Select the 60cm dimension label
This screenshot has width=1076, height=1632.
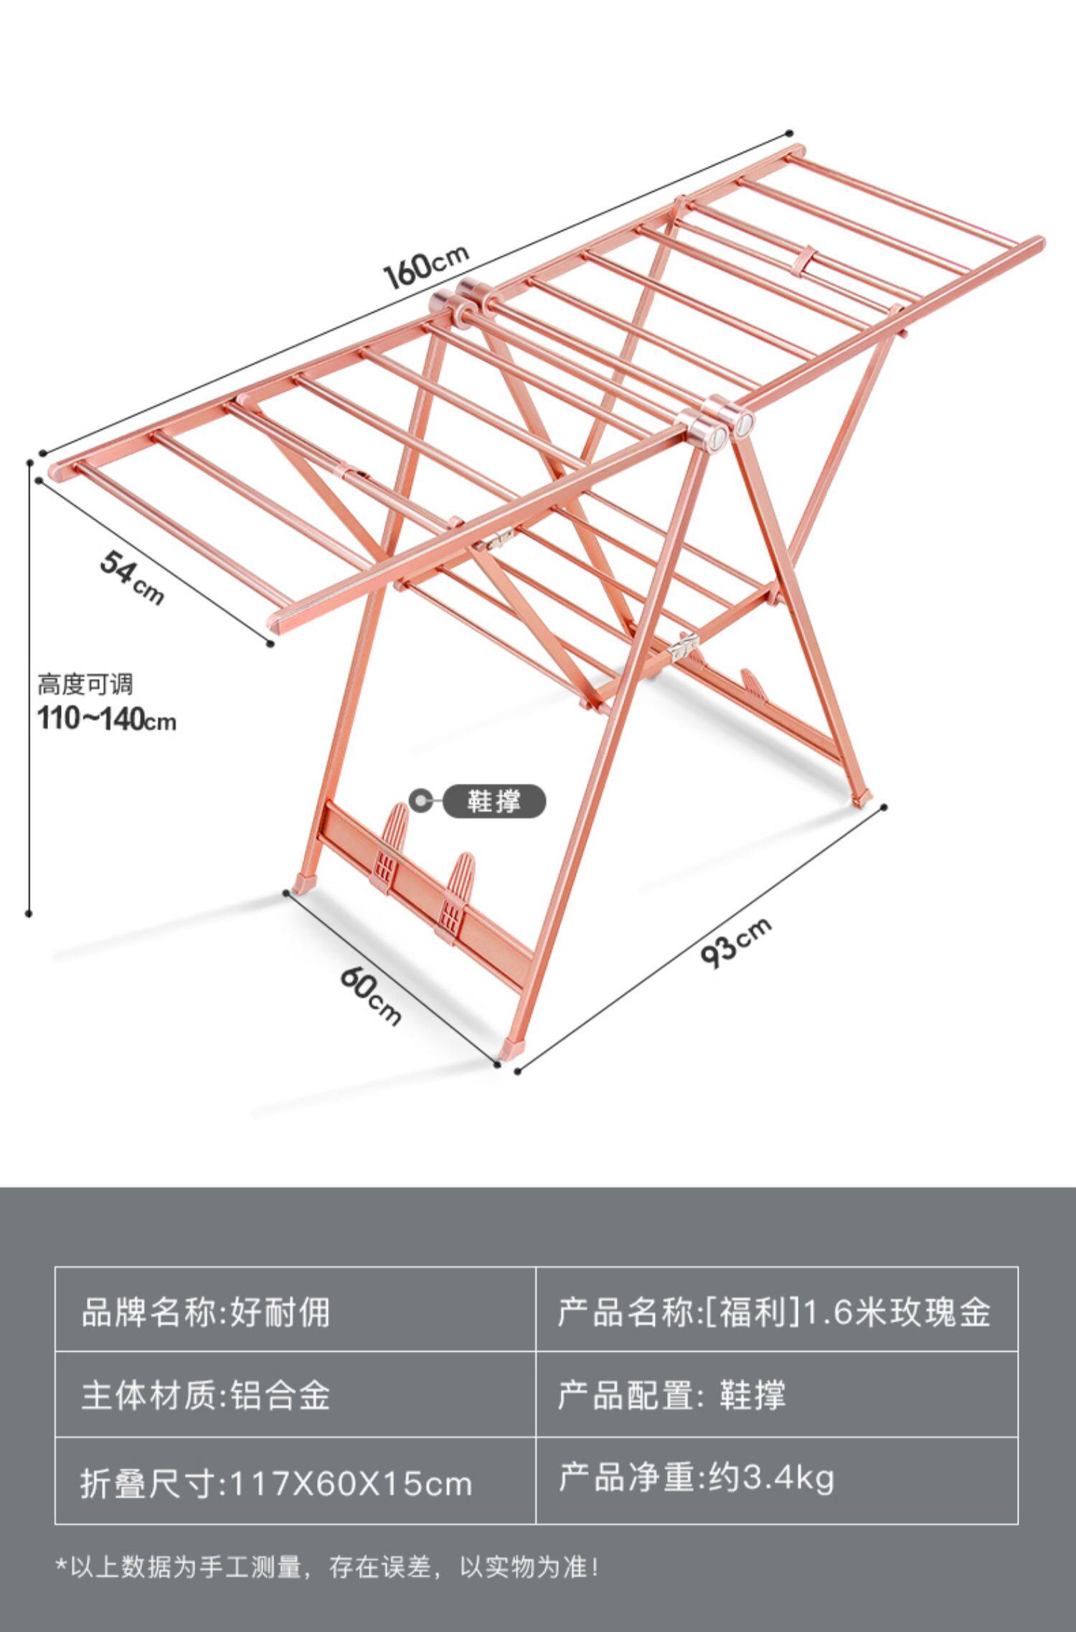point(370,995)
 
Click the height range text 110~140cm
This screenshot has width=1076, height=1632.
point(106,719)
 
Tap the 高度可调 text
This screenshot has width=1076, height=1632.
point(85,685)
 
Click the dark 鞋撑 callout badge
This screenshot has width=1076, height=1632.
point(494,801)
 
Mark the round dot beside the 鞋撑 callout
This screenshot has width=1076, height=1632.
point(418,799)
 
